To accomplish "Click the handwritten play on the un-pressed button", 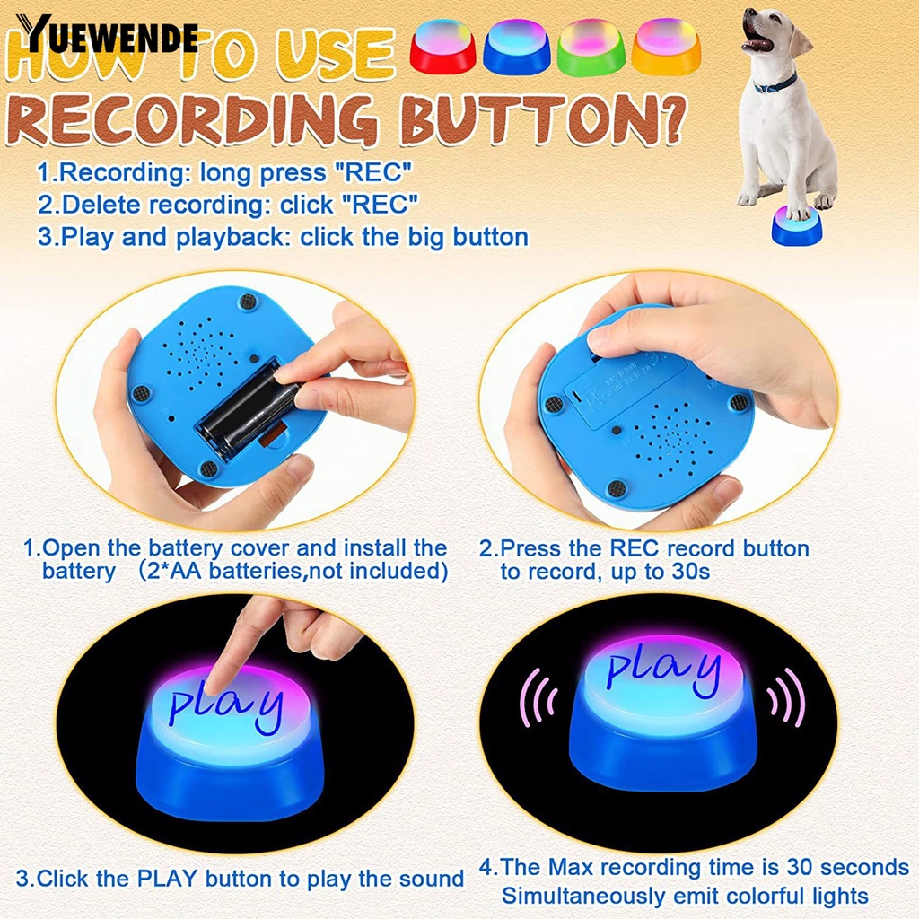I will pos(662,670).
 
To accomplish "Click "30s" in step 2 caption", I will pos(688,572).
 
